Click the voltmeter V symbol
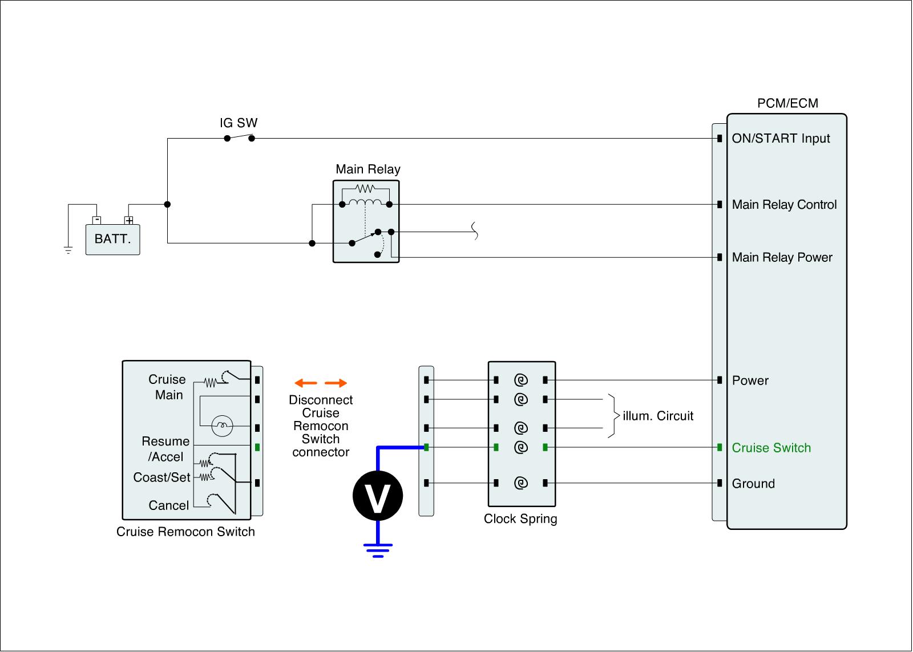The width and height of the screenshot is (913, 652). [377, 496]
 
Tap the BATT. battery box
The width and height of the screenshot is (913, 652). [112, 239]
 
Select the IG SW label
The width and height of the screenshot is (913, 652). [239, 123]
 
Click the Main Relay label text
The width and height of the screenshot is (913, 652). [367, 169]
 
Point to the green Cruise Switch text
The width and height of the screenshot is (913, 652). [771, 448]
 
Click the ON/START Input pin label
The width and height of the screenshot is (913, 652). [781, 139]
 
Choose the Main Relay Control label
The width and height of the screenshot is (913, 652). [784, 205]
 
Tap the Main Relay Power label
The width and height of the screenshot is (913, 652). [782, 257]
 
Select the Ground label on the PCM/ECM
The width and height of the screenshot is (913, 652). [753, 484]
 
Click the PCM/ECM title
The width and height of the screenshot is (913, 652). [787, 103]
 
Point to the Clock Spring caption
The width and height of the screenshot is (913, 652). [520, 519]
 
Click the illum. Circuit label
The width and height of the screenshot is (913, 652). [658, 416]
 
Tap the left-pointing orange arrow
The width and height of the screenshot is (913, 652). [306, 383]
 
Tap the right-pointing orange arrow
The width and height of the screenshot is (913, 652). [336, 383]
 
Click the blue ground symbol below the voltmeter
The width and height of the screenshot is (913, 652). [377, 550]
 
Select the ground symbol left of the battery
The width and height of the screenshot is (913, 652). [68, 250]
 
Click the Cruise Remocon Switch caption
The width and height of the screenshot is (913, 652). [185, 532]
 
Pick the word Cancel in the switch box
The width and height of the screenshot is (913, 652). [168, 505]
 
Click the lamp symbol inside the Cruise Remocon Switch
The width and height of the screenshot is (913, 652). [222, 425]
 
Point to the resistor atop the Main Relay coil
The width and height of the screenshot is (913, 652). [365, 188]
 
